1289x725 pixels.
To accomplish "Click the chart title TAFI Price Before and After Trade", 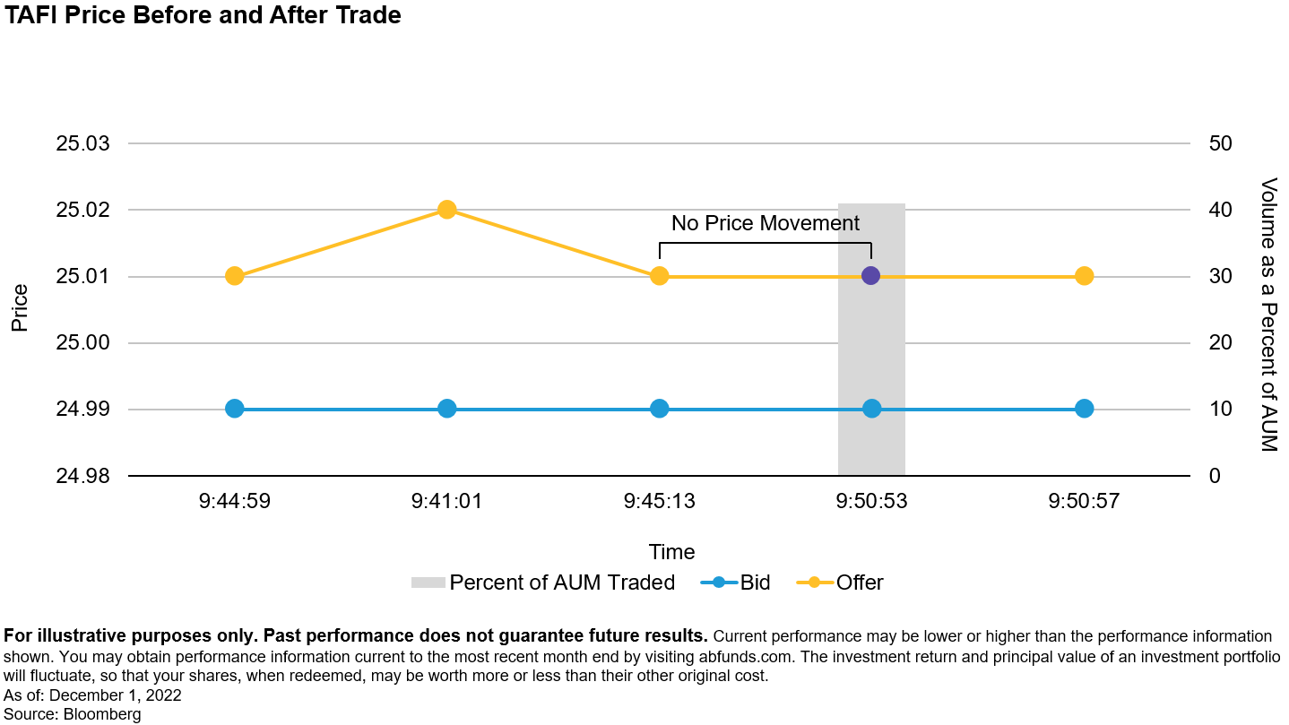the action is pos(202,15).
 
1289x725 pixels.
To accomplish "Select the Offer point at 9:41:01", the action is pos(447,210).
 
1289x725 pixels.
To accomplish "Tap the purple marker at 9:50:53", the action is pos(870,276).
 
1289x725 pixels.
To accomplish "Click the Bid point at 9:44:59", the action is pos(234,410).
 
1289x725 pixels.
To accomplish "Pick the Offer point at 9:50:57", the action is pos(1084,276).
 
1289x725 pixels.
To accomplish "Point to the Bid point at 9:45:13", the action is pos(660,410).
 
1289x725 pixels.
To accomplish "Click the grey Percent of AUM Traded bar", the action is pos(871,340).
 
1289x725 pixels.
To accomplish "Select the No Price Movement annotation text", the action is pos(766,223).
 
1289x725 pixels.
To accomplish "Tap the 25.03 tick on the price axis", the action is pos(82,143).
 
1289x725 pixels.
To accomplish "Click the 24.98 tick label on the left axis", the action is pos(82,476).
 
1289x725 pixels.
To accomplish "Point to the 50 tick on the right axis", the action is pos(1221,143).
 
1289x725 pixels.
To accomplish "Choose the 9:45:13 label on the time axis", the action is pos(660,501).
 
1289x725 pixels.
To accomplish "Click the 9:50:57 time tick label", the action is pos(1084,501).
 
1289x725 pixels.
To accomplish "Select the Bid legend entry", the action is pos(735,583).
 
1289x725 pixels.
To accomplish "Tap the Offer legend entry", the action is pos(840,583).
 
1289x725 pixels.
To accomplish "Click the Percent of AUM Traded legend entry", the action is pos(543,583).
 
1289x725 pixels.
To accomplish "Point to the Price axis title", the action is pos(20,308).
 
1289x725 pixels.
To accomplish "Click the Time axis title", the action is pos(671,552).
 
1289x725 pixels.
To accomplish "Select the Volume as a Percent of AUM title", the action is pos(1268,315).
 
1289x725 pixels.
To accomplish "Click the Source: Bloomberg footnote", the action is pos(73,714).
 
